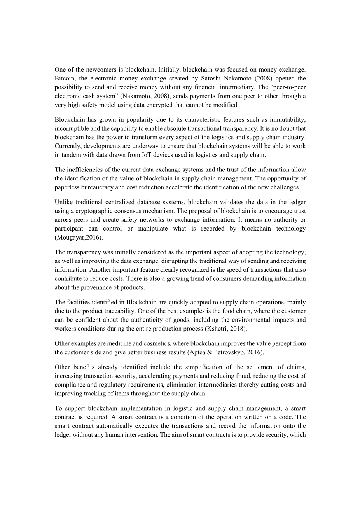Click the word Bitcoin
64,79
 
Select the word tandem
72,155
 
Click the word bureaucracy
99,187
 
